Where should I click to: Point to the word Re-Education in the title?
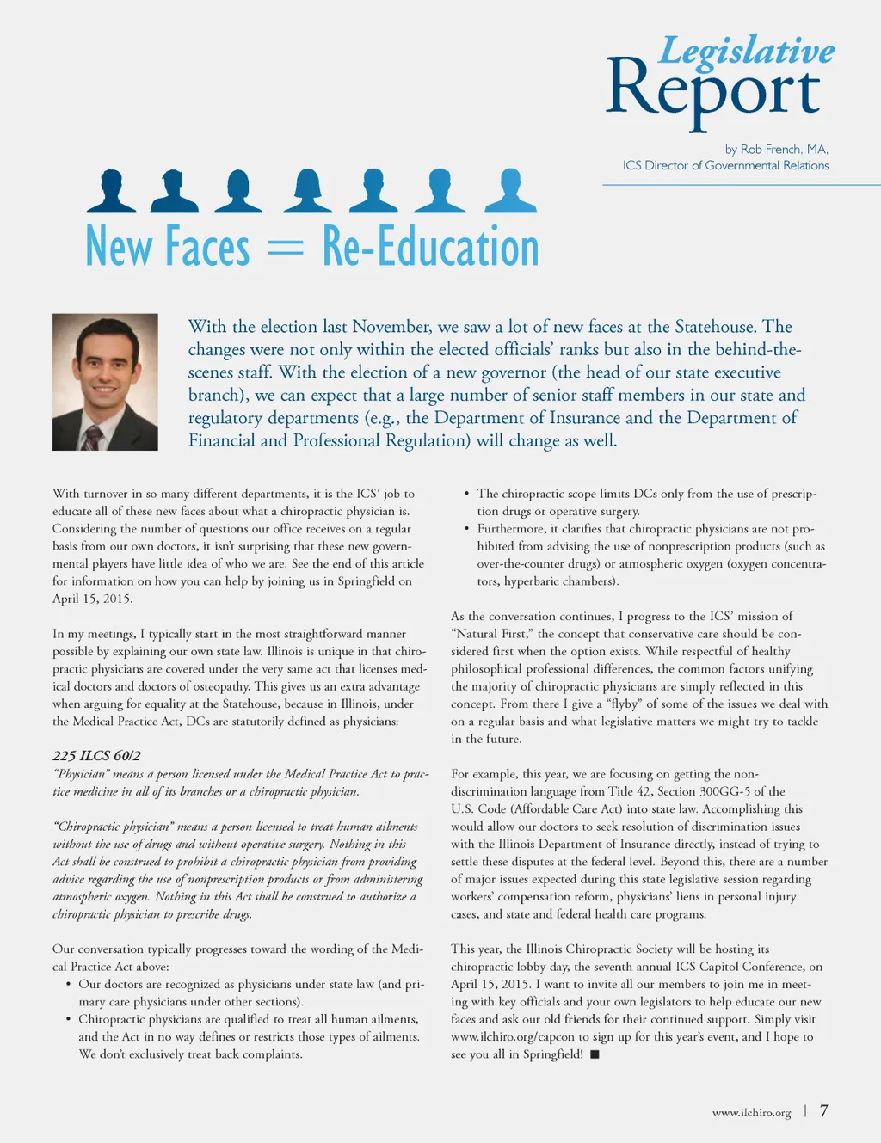430,248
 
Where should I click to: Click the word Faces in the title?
207,248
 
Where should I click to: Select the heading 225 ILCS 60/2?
96,755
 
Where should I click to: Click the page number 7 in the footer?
823,1110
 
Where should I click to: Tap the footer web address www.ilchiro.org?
751,1112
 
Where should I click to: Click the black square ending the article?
595,1054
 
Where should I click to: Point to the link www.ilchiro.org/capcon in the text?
513,1036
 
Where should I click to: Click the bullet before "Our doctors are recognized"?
68,984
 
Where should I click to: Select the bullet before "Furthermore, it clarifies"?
466,528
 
